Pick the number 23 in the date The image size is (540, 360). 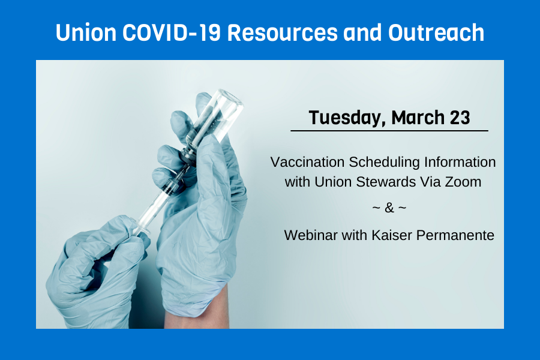click(459, 118)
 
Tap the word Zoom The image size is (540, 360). click(464, 182)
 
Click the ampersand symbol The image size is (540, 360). click(389, 208)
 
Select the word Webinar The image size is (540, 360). click(308, 235)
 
